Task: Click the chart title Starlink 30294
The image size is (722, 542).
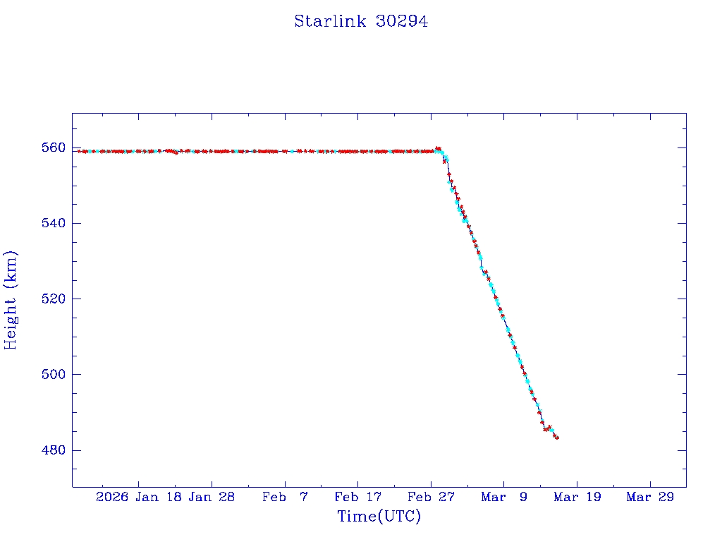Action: click(361, 22)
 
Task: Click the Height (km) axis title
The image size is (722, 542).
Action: click(11, 300)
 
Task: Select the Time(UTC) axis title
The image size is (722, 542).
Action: click(379, 517)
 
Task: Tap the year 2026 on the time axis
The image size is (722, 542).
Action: click(112, 497)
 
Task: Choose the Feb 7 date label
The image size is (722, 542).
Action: click(285, 497)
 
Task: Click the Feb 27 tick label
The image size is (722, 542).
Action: click(430, 497)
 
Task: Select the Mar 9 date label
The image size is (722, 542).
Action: click(503, 497)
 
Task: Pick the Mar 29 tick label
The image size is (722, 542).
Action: click(649, 497)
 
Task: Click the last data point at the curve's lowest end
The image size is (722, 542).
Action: click(557, 438)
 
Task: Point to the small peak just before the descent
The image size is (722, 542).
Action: click(438, 148)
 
